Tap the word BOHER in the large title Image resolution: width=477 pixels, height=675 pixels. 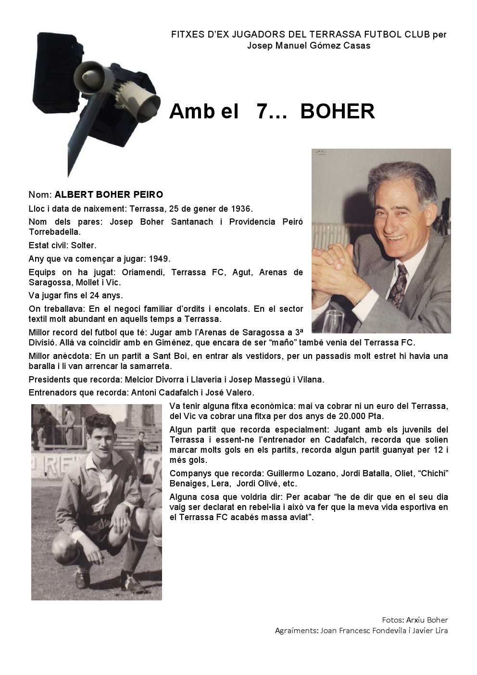coord(338,112)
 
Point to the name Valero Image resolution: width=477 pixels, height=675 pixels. coord(237,393)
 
